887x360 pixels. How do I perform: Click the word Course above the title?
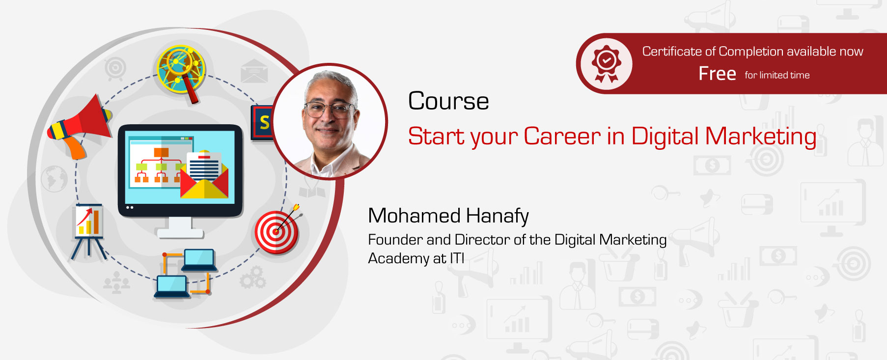click(448, 101)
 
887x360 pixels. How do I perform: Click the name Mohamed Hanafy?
click(448, 216)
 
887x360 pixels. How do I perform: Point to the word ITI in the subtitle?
click(457, 258)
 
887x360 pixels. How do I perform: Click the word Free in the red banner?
click(717, 74)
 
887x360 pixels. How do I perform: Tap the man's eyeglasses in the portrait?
click(329, 110)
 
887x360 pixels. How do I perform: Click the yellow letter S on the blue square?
click(264, 122)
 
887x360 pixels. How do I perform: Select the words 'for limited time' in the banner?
click(777, 75)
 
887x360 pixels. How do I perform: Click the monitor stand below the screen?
click(180, 228)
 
